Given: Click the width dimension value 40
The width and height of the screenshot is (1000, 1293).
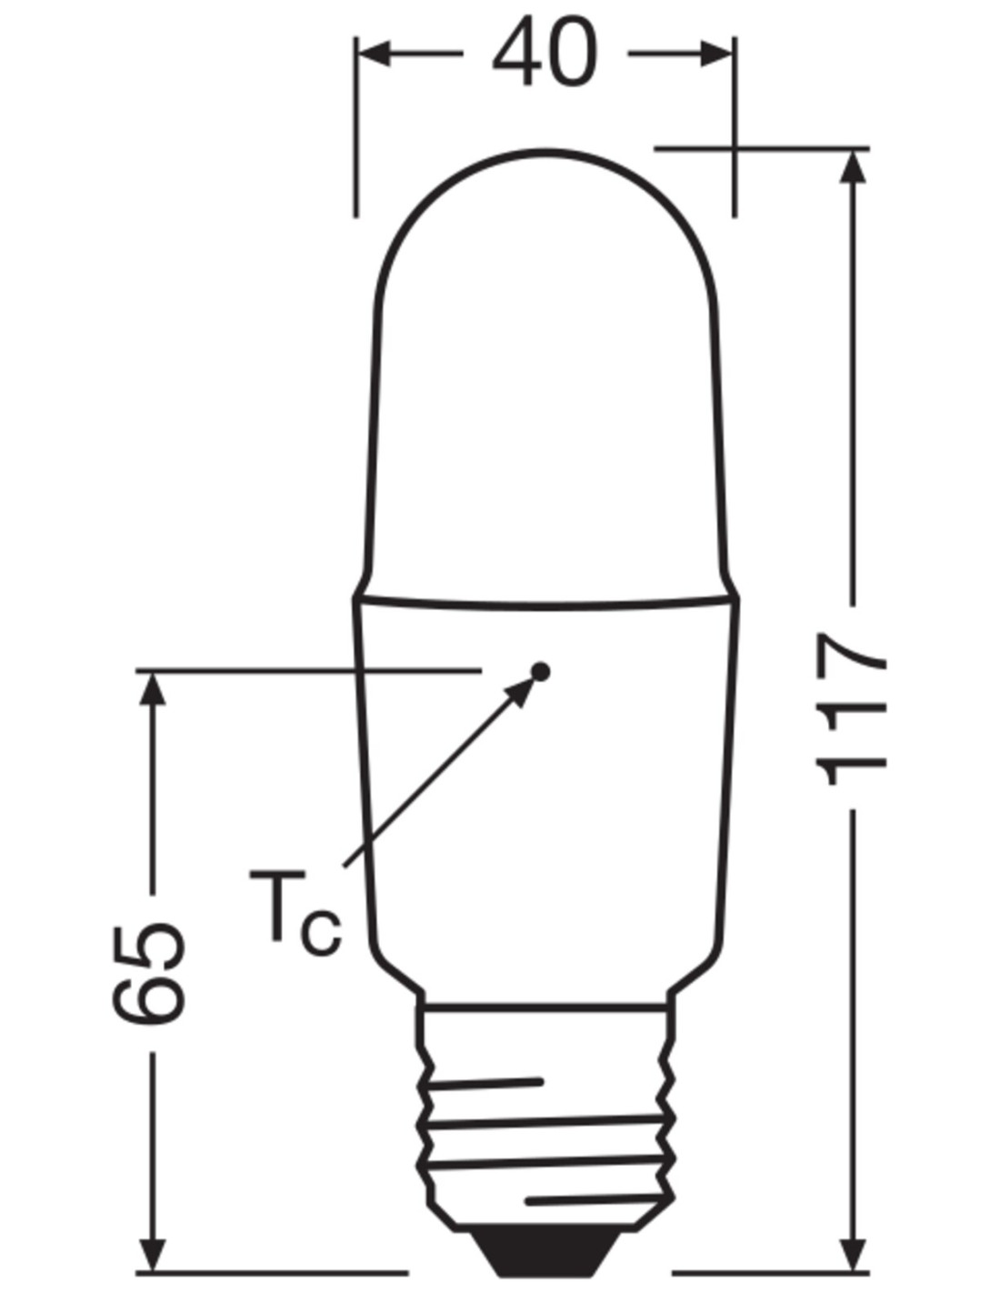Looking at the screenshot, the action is pos(544,53).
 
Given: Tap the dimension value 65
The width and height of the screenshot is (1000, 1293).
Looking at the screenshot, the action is pos(149,974).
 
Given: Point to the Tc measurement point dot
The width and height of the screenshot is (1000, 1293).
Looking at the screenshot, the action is pos(541,672).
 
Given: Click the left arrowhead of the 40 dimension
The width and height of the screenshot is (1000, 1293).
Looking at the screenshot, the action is pos(375,53).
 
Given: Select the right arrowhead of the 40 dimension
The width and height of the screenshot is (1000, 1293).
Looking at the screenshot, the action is pos(715,53).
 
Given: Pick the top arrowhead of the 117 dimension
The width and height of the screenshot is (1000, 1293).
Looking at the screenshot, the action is pos(853,166).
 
